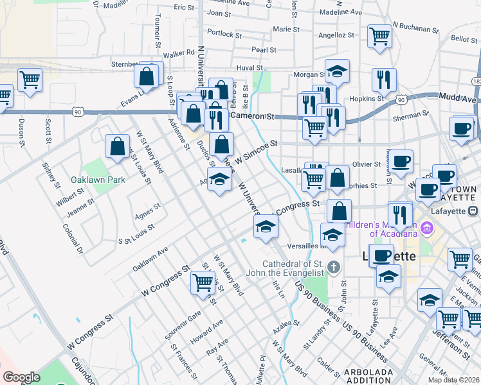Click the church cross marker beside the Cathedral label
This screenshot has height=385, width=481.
coord(333,266)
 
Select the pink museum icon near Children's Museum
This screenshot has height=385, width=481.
coord(426,227)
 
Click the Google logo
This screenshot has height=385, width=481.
coord(21,377)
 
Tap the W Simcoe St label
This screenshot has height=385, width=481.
coord(255,151)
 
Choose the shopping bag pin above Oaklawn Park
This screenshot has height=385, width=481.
coord(118,146)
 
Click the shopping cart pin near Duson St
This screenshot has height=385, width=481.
coord(30,80)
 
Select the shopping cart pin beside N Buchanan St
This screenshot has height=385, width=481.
coord(379,36)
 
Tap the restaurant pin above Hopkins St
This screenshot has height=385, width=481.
coord(384,80)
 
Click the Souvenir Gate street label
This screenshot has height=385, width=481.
coord(186,318)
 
